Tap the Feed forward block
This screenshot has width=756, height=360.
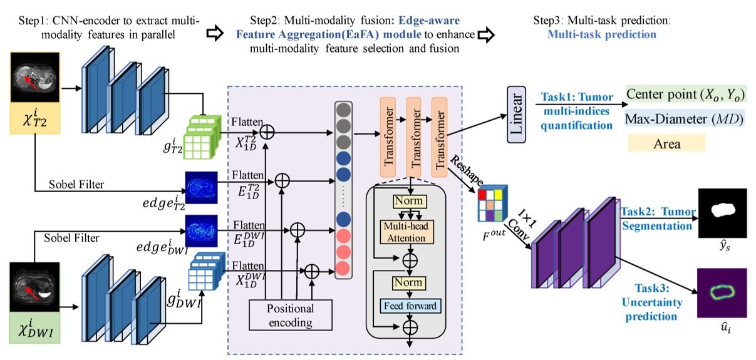[408, 306]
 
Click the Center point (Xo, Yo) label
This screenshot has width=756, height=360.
[686, 95]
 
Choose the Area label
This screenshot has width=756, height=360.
[666, 143]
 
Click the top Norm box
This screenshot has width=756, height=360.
[408, 201]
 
